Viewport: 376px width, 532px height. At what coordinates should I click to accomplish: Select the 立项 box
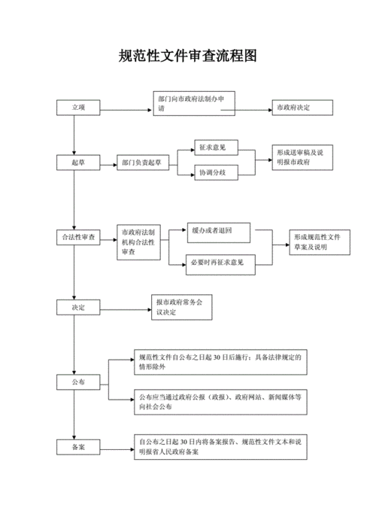(x=78, y=108)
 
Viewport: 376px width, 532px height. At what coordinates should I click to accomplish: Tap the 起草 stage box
(x=77, y=163)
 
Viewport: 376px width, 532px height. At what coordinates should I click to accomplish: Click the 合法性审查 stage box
(x=79, y=238)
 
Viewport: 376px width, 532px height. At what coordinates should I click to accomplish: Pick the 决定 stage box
(x=78, y=307)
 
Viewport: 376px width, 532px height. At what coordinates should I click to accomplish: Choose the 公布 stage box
(x=78, y=383)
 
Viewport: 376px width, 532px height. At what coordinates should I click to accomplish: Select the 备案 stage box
(x=78, y=447)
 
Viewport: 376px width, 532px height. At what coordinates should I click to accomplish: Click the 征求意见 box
(x=215, y=148)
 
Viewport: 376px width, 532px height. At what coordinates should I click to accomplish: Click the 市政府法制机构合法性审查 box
(x=138, y=242)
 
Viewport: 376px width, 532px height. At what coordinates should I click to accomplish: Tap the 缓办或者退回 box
(x=215, y=230)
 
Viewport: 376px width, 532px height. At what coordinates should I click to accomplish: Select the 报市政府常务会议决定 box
(x=185, y=307)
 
